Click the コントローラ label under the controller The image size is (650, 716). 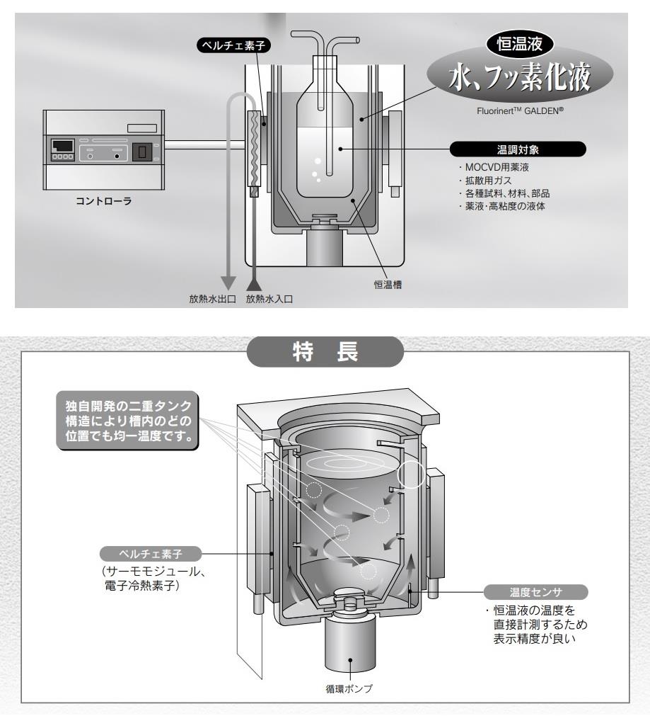103,200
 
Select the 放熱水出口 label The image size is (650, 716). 211,299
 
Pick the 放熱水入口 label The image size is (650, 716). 269,299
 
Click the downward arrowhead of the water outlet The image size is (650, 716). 228,282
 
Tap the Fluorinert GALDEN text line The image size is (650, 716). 521,111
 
